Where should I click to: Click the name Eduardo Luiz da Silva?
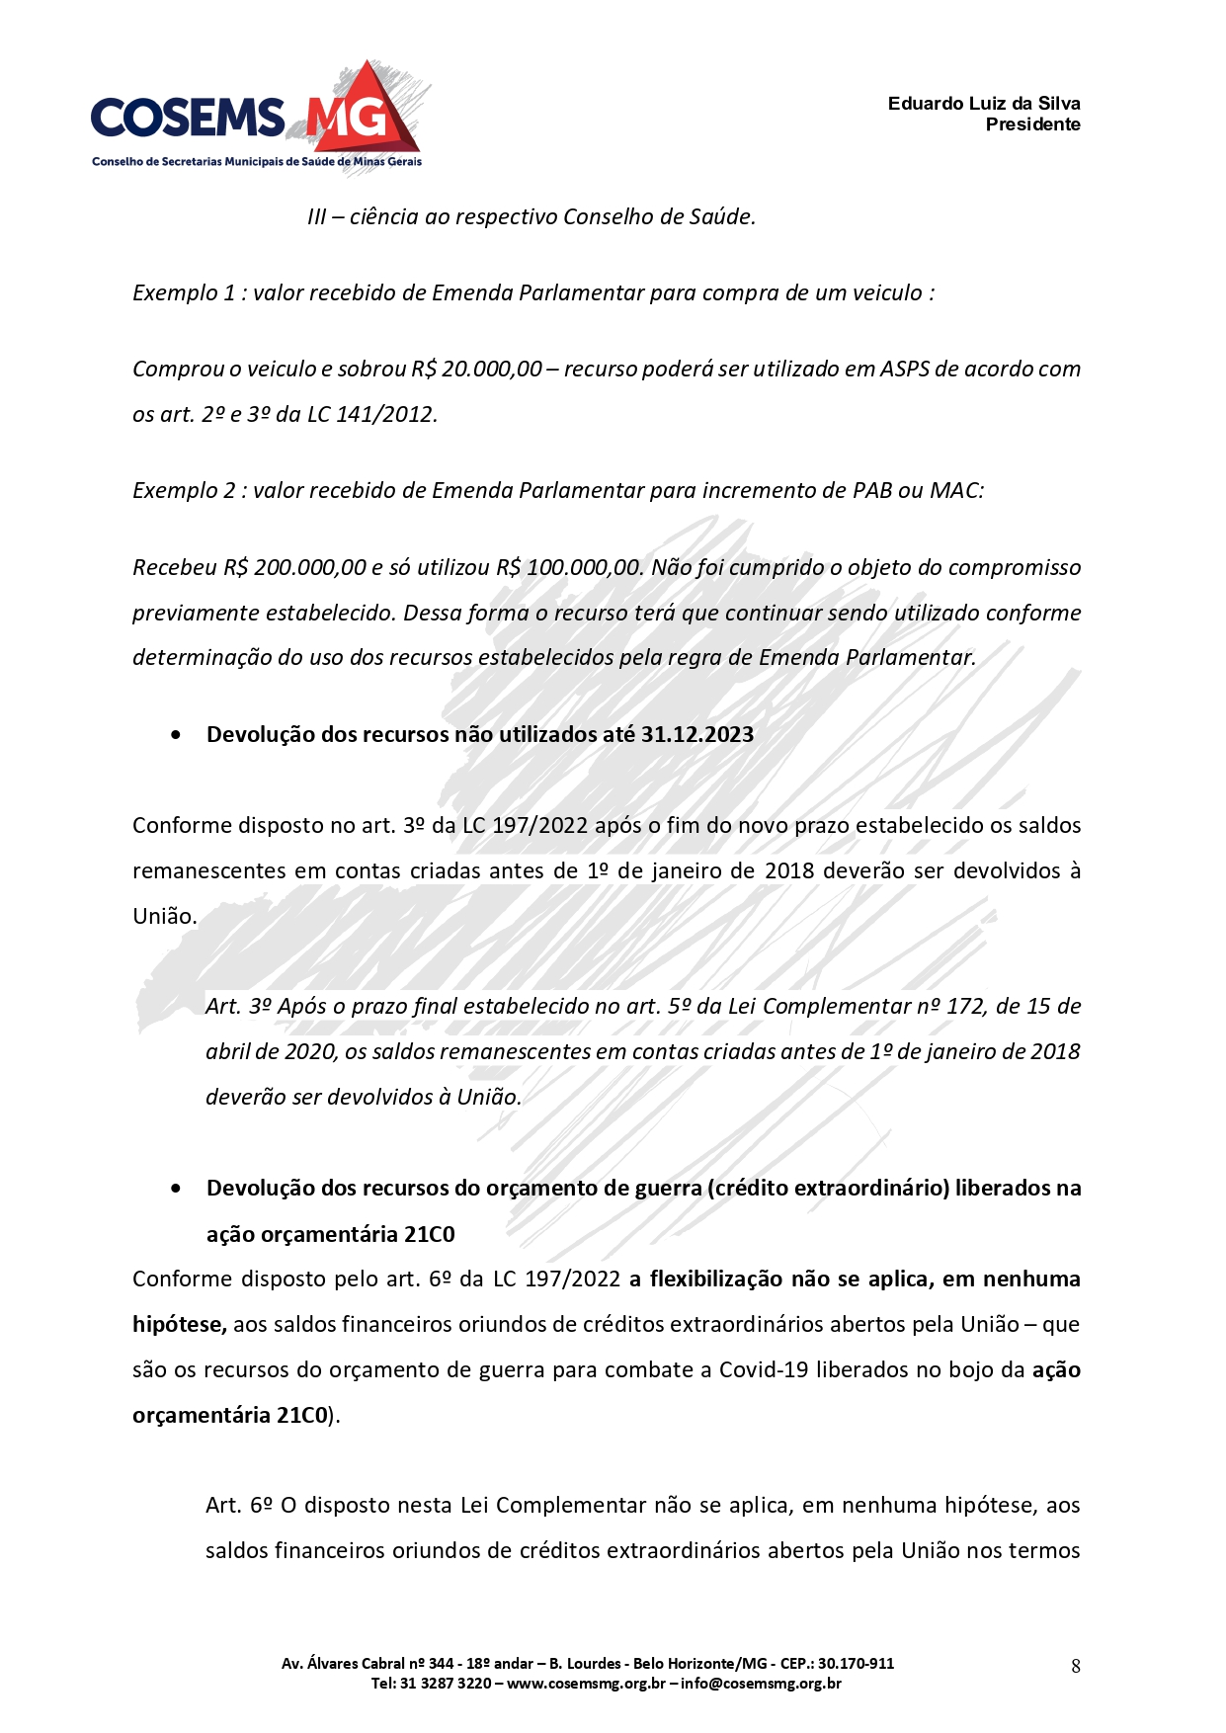983,104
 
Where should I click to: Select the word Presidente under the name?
1032,124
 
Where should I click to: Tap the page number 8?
1076,1666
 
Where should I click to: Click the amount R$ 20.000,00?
477,369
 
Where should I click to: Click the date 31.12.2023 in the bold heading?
697,734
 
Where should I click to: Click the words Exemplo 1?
184,292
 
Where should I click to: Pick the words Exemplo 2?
184,490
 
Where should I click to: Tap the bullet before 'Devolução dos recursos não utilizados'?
176,735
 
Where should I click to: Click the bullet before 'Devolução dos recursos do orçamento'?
176,1189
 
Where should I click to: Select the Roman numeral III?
316,216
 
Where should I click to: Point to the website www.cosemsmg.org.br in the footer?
586,1683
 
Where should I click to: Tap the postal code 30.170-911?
856,1663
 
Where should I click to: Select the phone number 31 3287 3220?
446,1683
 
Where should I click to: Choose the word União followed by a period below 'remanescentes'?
164,916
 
